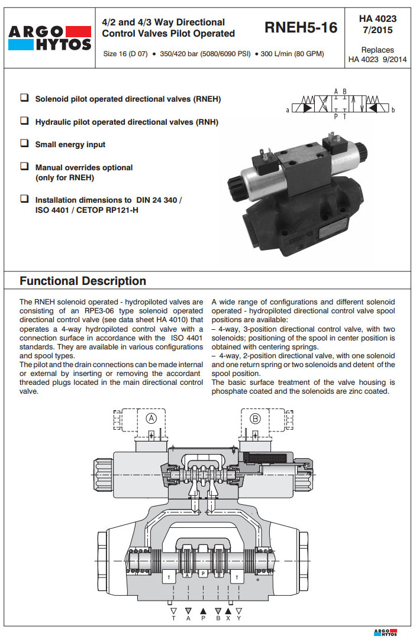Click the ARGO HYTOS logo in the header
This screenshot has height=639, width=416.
[x=49, y=38]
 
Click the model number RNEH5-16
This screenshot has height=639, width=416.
[x=301, y=27]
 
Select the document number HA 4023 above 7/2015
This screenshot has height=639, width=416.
[x=378, y=18]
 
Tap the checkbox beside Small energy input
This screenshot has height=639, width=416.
[x=24, y=144]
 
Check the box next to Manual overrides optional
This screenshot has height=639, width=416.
[x=24, y=167]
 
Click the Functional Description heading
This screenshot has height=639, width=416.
[x=83, y=281]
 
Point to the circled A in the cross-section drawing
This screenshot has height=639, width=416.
[x=151, y=419]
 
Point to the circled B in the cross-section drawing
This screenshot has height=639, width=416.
[x=256, y=419]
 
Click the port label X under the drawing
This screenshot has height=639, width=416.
[x=228, y=618]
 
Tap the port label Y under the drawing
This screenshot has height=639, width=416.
[x=239, y=618]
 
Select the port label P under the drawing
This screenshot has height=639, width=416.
[x=203, y=618]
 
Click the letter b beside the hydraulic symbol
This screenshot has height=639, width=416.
[x=393, y=111]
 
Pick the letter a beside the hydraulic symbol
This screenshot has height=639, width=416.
[x=288, y=111]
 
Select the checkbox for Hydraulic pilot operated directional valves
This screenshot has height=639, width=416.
[x=24, y=121]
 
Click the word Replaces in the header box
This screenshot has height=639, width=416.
[x=378, y=50]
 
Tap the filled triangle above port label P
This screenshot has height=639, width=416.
[x=203, y=610]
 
